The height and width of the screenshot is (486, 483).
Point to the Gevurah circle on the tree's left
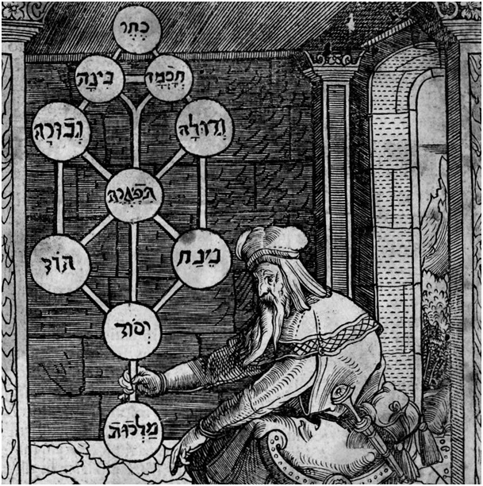pyautogui.click(x=59, y=130)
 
